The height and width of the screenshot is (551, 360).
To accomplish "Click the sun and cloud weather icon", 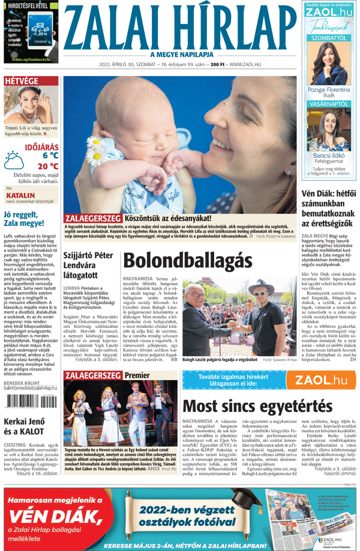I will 14,160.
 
